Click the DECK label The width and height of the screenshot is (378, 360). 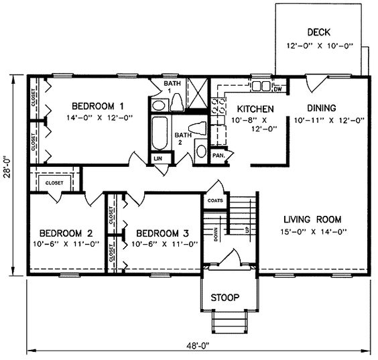[x=319, y=32]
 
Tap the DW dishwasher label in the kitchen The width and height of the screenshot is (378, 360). [x=277, y=89]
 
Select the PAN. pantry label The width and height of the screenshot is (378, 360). [x=218, y=156]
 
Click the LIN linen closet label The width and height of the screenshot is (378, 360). [x=158, y=158]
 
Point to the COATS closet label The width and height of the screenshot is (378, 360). [x=215, y=200]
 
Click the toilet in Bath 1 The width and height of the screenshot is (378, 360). [x=177, y=103]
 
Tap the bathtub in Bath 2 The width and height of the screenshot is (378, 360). [x=160, y=133]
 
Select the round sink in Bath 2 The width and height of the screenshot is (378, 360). [x=201, y=152]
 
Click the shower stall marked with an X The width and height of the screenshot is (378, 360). [x=198, y=93]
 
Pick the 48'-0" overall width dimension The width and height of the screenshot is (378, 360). [x=198, y=346]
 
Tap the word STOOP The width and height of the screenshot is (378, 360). [x=225, y=298]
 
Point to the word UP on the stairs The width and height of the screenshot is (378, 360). [x=247, y=230]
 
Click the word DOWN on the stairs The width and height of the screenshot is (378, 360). [x=216, y=235]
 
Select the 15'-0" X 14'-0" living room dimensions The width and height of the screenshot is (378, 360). [x=314, y=232]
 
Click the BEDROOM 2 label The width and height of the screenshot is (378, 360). [x=66, y=233]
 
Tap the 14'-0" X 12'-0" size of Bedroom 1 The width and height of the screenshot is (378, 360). [x=100, y=118]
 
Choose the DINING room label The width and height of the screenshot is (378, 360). [x=322, y=108]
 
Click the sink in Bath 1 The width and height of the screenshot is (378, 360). [x=158, y=106]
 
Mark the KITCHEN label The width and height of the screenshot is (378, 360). [x=255, y=109]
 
